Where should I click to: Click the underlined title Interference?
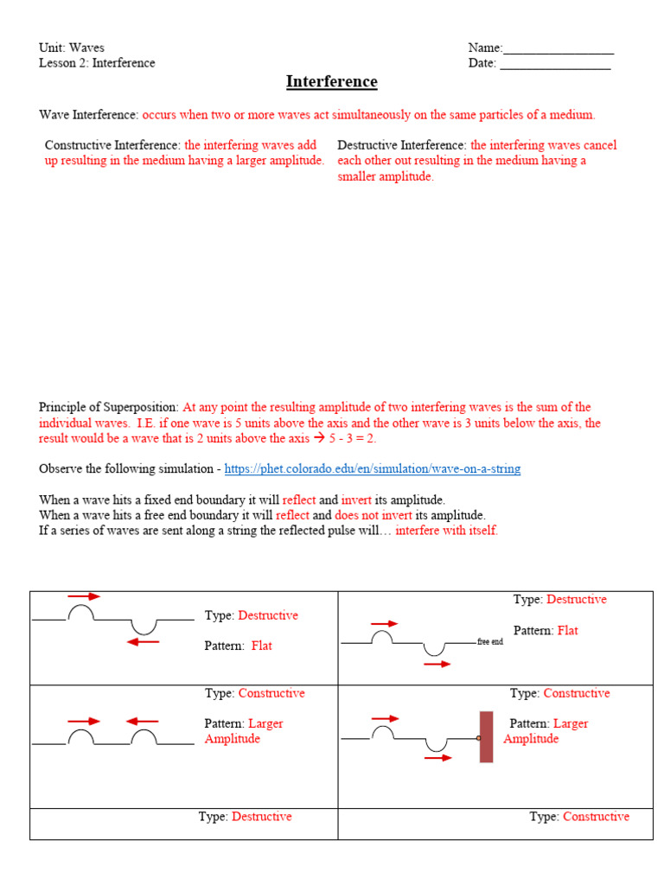[332, 82]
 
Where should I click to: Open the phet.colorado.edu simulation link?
[372, 469]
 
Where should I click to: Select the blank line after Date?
[555, 65]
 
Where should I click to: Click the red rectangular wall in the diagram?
[486, 736]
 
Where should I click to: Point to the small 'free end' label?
[489, 642]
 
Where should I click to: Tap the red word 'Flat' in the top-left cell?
[261, 646]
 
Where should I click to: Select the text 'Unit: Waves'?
[72, 48]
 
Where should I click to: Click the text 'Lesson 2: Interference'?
[97, 63]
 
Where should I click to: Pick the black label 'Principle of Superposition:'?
[109, 407]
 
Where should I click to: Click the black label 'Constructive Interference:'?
[112, 145]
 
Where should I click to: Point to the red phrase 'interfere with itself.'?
[446, 531]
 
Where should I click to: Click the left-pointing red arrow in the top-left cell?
[143, 641]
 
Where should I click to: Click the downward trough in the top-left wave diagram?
[144, 626]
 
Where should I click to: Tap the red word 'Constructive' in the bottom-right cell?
[596, 817]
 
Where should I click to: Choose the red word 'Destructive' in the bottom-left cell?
[262, 817]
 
